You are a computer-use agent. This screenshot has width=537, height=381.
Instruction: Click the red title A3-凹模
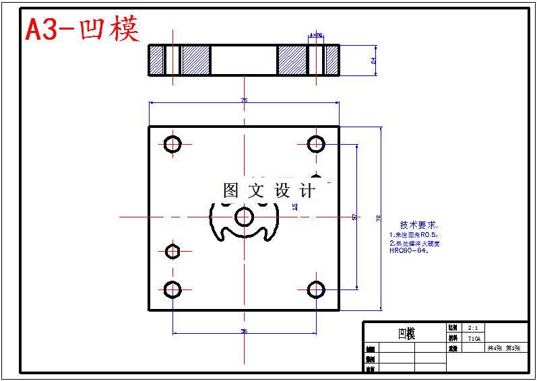[x=82, y=30]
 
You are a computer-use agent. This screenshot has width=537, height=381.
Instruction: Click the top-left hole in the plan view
[x=172, y=143]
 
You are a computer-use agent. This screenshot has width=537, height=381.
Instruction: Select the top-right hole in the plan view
[x=316, y=143]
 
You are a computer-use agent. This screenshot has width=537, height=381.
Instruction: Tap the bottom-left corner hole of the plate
[x=172, y=289]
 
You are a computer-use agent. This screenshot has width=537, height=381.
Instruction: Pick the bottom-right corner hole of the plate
[x=316, y=289]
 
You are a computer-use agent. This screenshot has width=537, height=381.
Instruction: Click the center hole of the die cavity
[x=244, y=216]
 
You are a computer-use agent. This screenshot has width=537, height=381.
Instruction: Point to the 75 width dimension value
[x=244, y=100]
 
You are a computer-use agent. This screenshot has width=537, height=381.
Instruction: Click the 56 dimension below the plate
[x=244, y=331]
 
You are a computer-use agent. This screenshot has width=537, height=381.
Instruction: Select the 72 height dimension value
[x=378, y=218]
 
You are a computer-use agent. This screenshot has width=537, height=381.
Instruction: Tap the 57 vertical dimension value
[x=354, y=217]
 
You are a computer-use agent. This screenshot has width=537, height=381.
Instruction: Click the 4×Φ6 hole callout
[x=315, y=34]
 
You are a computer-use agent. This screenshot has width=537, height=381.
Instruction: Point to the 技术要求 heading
[x=418, y=225]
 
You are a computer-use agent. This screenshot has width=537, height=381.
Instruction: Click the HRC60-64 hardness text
[x=408, y=250]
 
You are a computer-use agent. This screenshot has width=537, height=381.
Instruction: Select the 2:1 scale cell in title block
[x=473, y=327]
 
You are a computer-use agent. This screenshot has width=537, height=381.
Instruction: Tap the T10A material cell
[x=473, y=338]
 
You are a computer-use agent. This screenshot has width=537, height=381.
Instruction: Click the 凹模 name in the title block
[x=406, y=334]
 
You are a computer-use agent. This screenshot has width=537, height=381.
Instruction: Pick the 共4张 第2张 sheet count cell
[x=504, y=348]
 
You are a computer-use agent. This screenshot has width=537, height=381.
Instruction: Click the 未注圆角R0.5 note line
[x=414, y=234]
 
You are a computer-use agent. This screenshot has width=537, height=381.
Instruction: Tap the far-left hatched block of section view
[x=156, y=60]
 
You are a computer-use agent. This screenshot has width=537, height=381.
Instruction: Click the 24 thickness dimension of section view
[x=373, y=60]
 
